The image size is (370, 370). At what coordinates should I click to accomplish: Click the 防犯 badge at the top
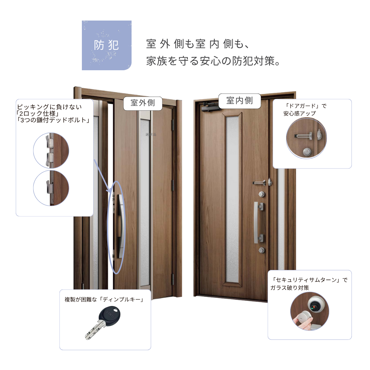coord(107,45)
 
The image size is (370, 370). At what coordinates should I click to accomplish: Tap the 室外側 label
coord(143,103)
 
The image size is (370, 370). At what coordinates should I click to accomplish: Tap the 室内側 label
coord(240,100)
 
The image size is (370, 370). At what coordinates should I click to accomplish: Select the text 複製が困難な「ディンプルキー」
coord(104,299)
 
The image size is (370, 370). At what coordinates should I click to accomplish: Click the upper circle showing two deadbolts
coord(51,150)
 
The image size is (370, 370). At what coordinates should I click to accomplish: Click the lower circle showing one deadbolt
coord(51,188)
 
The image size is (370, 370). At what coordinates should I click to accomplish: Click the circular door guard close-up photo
coord(306,138)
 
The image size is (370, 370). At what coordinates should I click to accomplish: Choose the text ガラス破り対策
coord(290,288)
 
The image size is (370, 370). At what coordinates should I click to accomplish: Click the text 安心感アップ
coord(299,113)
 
